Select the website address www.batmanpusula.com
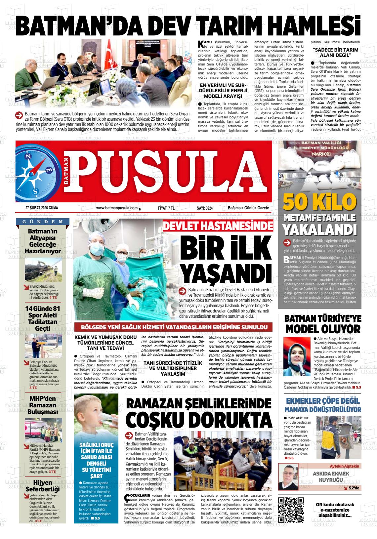point(117,208)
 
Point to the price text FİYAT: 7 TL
point(166,208)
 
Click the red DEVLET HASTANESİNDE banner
point(218,226)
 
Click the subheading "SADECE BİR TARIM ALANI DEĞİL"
point(336,52)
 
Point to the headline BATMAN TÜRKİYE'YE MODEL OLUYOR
point(323,324)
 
